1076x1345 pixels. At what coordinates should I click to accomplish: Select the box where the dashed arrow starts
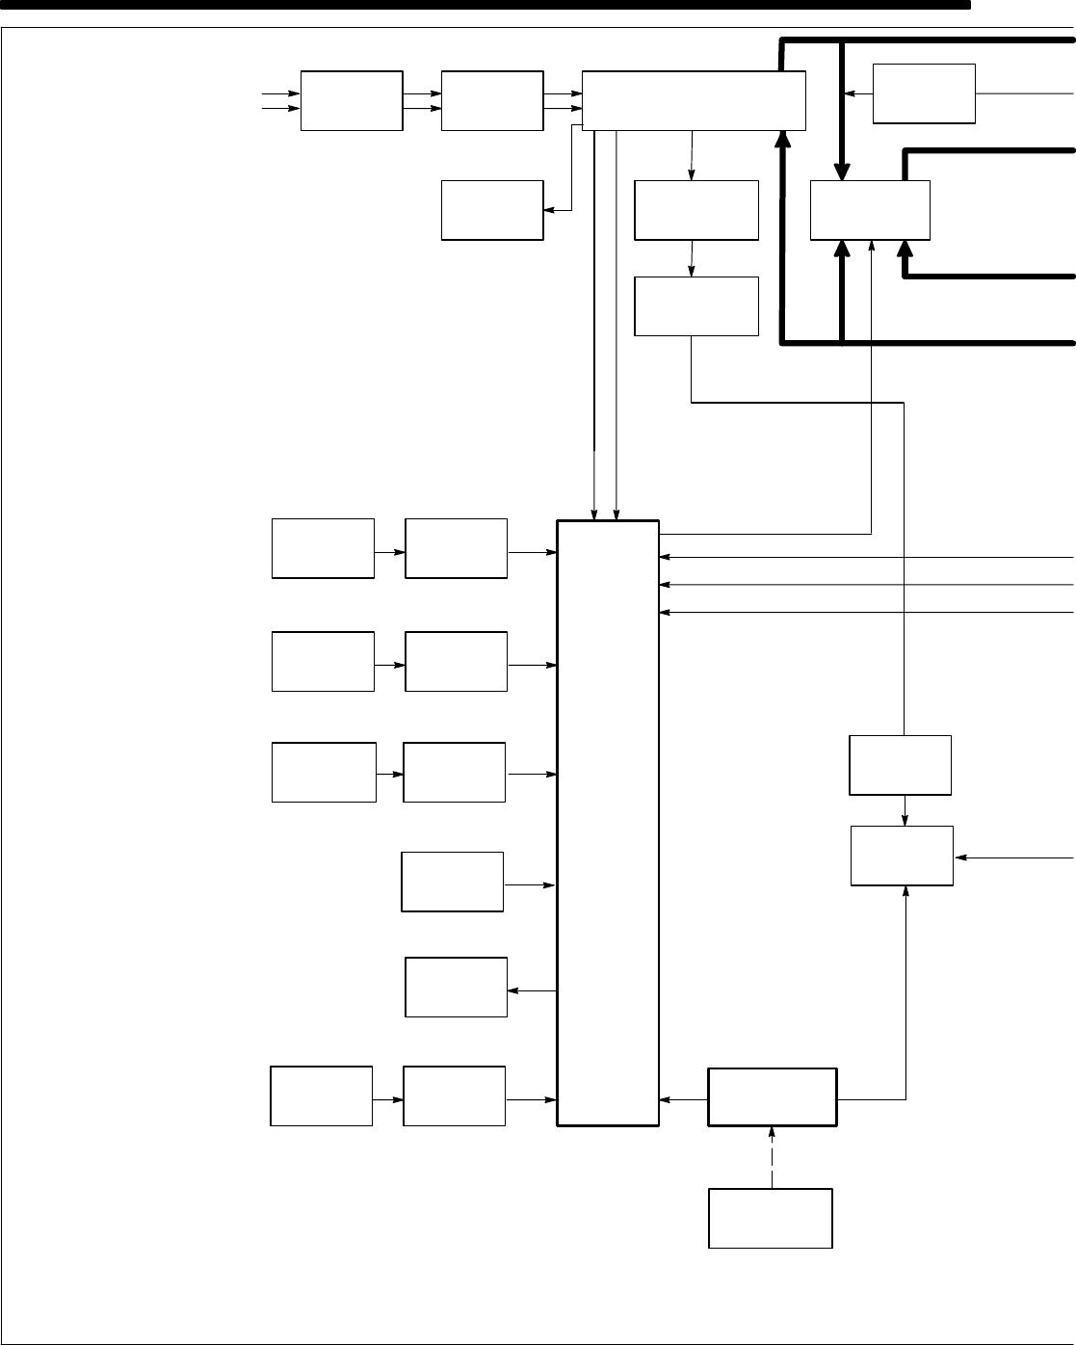pos(770,1218)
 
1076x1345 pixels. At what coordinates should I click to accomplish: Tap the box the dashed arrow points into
pos(772,1096)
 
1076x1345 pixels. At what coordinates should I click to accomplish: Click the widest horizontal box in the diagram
pos(694,100)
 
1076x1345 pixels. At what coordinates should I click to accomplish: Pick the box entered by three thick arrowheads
pos(870,210)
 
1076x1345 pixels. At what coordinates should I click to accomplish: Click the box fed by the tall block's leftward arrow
pos(456,987)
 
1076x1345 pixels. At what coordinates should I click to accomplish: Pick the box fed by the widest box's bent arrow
pos(491,210)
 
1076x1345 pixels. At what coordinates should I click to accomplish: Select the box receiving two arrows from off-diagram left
pos(352,100)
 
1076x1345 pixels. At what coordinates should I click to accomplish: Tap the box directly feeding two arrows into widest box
pos(491,100)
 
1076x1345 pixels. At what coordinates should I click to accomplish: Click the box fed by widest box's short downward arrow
pos(696,210)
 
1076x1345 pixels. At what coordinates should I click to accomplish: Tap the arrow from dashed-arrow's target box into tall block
pos(683,1097)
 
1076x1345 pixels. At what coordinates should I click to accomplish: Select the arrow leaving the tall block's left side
pos(533,990)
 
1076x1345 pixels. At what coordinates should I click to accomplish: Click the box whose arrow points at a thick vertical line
pos(923,93)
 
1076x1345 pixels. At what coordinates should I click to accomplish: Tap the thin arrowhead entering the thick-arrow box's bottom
pos(872,247)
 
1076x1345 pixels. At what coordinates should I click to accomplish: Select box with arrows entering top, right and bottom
pos(902,856)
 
